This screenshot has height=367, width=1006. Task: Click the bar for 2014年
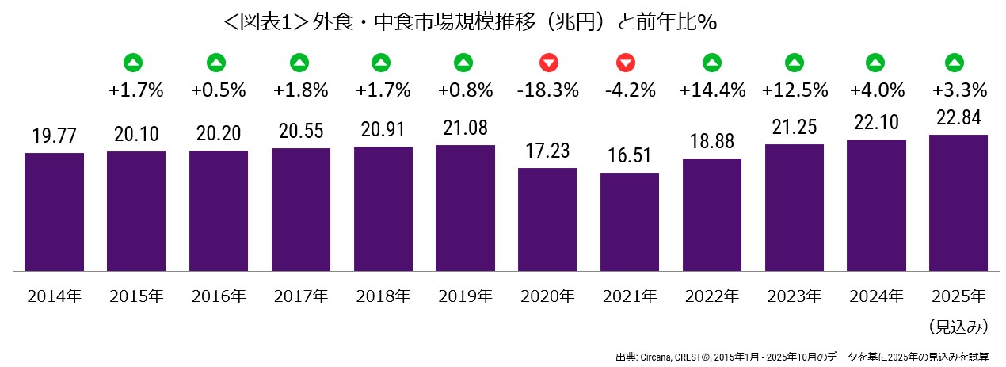pyautogui.click(x=54, y=212)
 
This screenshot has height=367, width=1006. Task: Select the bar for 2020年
pyautogui.click(x=547, y=220)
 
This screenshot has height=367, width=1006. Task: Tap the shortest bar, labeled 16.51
pyautogui.click(x=630, y=222)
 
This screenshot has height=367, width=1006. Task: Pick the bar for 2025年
pyautogui.click(x=958, y=203)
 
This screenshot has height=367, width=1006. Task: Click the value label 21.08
pyautogui.click(x=465, y=128)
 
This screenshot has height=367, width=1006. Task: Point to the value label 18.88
pyautogui.click(x=712, y=141)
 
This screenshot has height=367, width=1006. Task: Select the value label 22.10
pyautogui.click(x=876, y=122)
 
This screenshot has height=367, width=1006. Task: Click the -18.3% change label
pyautogui.click(x=547, y=90)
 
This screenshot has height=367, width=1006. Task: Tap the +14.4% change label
pyautogui.click(x=712, y=90)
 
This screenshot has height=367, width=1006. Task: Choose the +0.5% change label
pyautogui.click(x=219, y=90)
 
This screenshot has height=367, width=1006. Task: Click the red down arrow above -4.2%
pyautogui.click(x=630, y=62)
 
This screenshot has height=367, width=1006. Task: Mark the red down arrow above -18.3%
pyautogui.click(x=547, y=62)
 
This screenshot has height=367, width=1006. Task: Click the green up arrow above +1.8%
pyautogui.click(x=301, y=62)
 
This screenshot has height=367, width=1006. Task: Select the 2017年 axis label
pyautogui.click(x=301, y=297)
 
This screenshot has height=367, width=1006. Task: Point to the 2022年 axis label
pyautogui.click(x=712, y=297)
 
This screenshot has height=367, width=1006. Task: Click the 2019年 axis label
pyautogui.click(x=465, y=297)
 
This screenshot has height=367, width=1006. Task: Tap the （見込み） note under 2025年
pyautogui.click(x=958, y=326)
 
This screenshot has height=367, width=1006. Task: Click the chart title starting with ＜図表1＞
pyautogui.click(x=471, y=22)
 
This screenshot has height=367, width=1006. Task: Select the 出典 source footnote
pyautogui.click(x=801, y=356)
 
